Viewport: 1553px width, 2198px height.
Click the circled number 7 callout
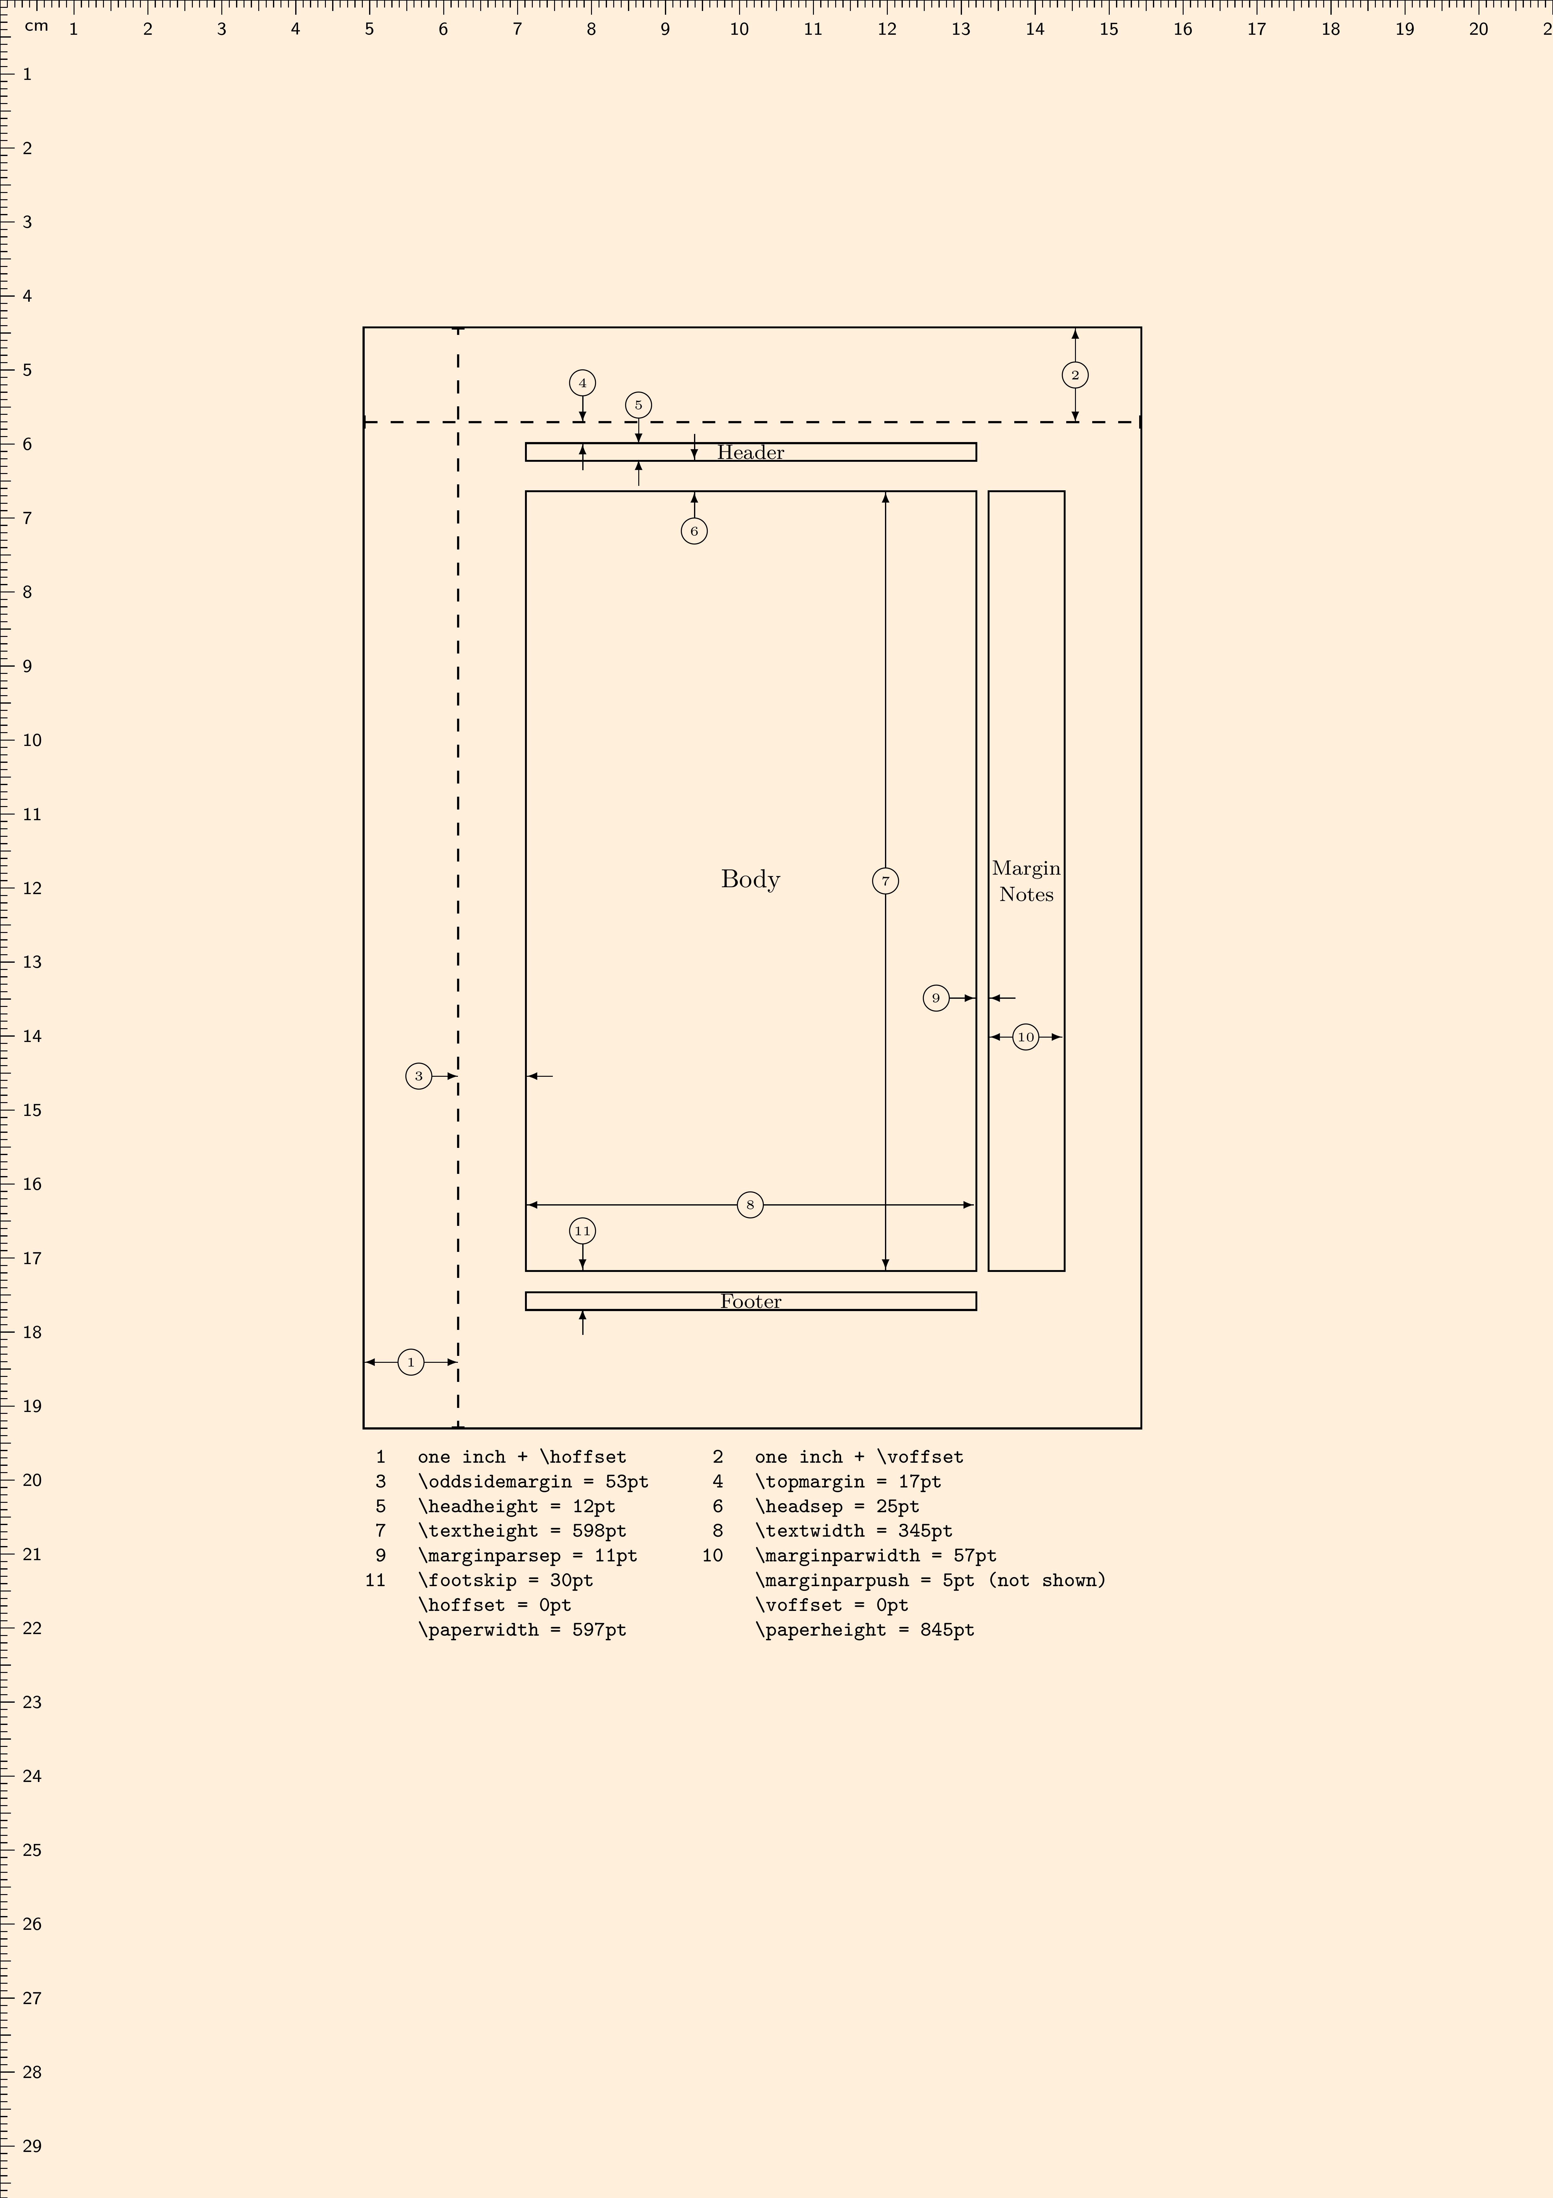point(885,881)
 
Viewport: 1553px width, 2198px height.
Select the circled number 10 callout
point(1026,1037)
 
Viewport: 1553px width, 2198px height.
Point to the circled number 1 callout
point(410,1362)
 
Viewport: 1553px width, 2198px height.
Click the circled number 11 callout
point(582,1231)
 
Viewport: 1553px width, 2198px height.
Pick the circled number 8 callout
point(750,1204)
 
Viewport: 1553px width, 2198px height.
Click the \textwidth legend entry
point(854,1531)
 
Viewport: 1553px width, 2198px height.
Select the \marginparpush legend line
point(930,1581)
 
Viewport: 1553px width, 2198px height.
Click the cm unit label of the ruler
point(36,26)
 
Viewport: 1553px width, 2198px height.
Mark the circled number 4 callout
point(582,383)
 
